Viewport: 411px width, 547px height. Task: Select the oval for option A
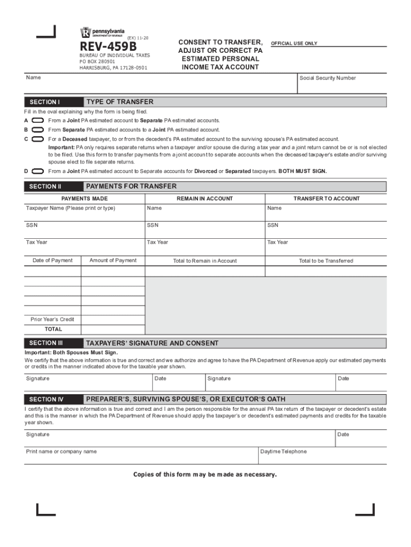point(38,121)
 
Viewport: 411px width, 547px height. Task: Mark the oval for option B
point(38,130)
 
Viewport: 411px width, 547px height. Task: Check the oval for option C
point(38,139)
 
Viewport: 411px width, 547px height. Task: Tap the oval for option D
point(38,171)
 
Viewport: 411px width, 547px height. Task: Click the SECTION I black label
point(45,102)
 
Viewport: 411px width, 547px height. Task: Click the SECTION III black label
point(46,343)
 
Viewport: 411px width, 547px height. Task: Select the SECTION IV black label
point(46,399)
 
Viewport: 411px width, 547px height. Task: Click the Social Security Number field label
point(327,78)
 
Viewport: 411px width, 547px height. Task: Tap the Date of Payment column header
point(52,261)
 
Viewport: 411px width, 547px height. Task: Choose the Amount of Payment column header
point(113,261)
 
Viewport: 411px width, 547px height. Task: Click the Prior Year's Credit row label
point(52,319)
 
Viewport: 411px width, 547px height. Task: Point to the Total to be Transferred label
point(326,261)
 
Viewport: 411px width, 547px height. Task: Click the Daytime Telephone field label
point(283,451)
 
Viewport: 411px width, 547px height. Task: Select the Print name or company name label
point(61,451)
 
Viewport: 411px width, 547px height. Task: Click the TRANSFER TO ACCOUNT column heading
point(326,199)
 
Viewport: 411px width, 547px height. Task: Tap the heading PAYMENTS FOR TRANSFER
point(131,186)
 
